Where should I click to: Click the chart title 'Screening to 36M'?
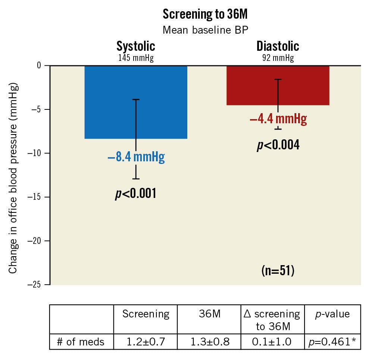pos(205,14)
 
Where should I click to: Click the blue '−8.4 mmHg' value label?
pos(136,157)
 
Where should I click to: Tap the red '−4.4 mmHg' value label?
pos(278,119)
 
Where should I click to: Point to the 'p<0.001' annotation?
pos(135,193)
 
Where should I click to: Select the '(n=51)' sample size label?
pos(278,270)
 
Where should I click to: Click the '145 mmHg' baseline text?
pos(136,58)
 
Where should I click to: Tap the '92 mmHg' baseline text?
pos(278,58)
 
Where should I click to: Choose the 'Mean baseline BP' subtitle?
pos(205,30)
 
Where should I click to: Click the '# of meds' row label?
pos(81,342)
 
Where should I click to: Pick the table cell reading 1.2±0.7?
pos(146,342)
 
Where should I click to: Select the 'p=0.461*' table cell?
pos(332,342)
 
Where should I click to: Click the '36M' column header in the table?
pos(209,314)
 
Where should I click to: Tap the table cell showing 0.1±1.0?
pos(273,342)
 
